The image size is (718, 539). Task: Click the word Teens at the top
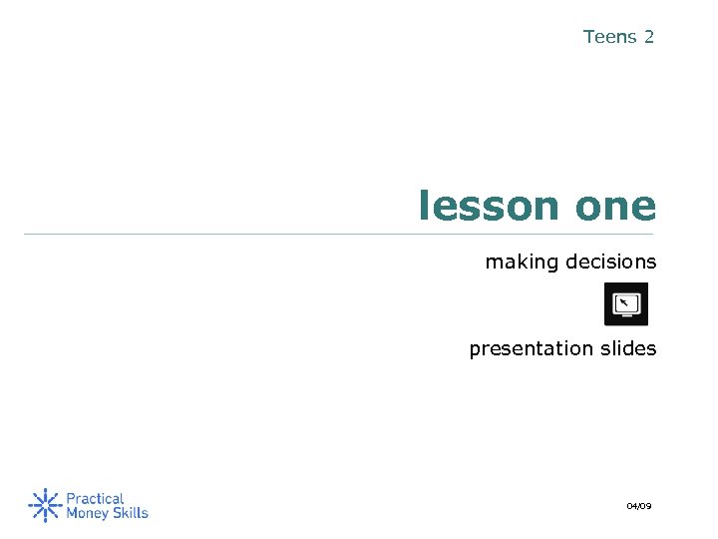point(609,37)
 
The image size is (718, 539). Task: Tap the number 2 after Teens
point(649,37)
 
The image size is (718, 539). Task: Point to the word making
point(522,263)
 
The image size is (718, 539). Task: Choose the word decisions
point(611,263)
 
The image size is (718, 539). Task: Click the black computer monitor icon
point(626,303)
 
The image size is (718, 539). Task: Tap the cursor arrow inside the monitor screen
point(623,300)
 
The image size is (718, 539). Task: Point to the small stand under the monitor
point(626,316)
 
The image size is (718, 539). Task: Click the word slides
point(628,348)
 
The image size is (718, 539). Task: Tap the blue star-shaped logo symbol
point(44,505)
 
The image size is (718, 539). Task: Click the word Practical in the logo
point(96,497)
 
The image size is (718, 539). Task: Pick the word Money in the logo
point(87,513)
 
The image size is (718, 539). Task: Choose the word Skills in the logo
point(130,513)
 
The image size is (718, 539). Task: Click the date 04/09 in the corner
point(638,507)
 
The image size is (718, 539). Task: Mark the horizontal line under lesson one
point(339,235)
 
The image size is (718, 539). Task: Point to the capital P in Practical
point(71,497)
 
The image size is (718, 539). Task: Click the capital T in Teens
point(588,37)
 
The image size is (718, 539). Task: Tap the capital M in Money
point(72,513)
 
